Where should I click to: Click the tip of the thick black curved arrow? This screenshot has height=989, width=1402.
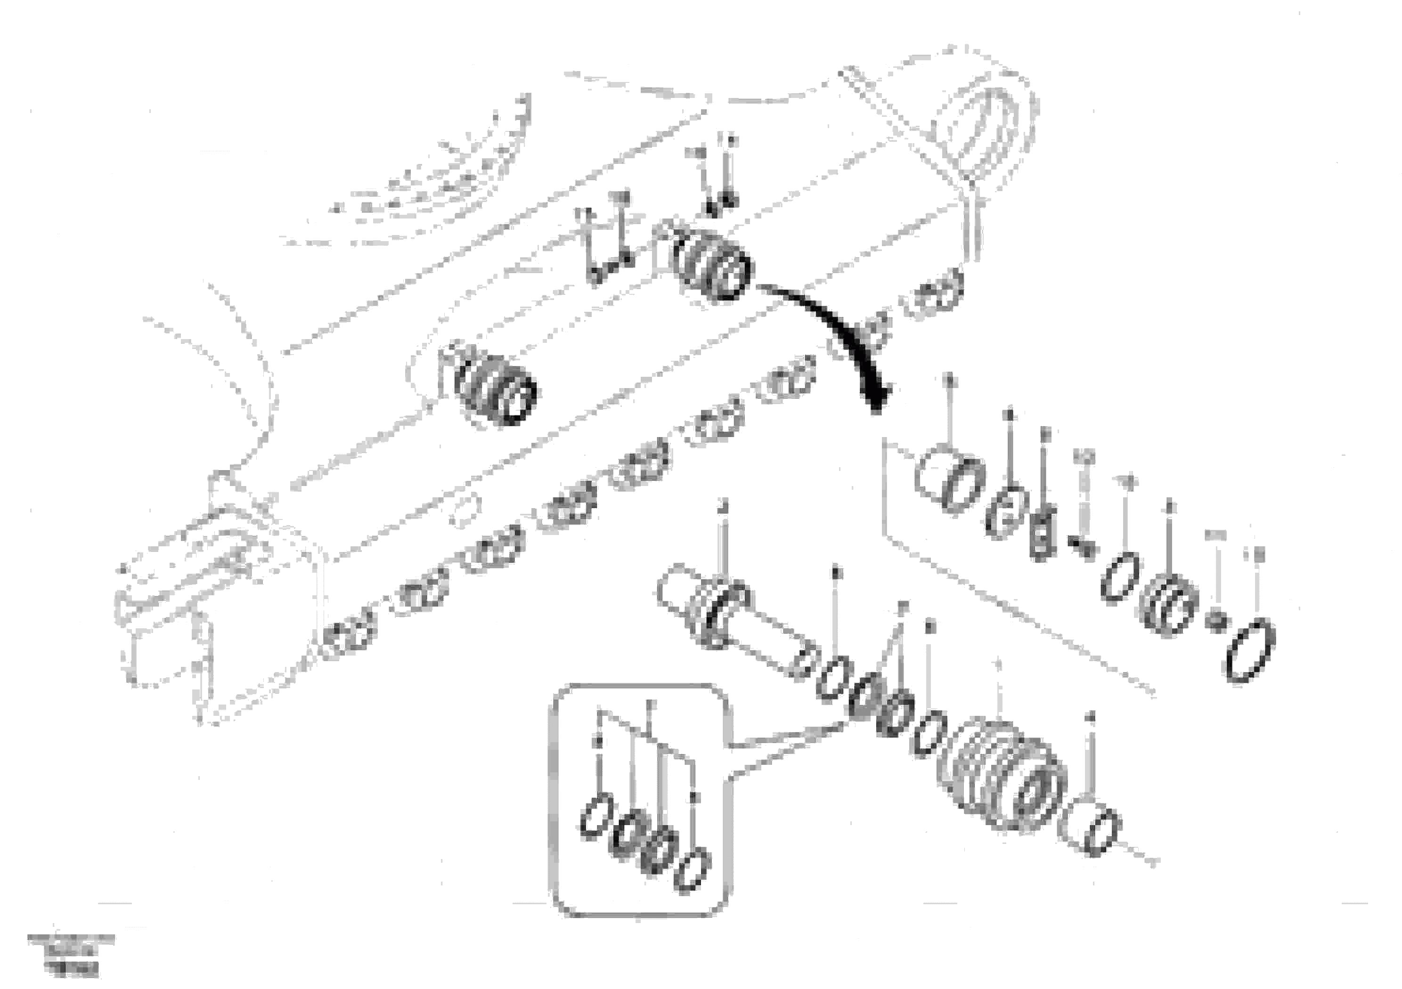point(877,408)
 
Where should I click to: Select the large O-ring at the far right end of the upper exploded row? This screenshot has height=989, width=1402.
point(1250,652)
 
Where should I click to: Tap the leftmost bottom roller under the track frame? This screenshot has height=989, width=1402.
point(348,639)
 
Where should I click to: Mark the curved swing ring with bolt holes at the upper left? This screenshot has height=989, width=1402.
point(427,183)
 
